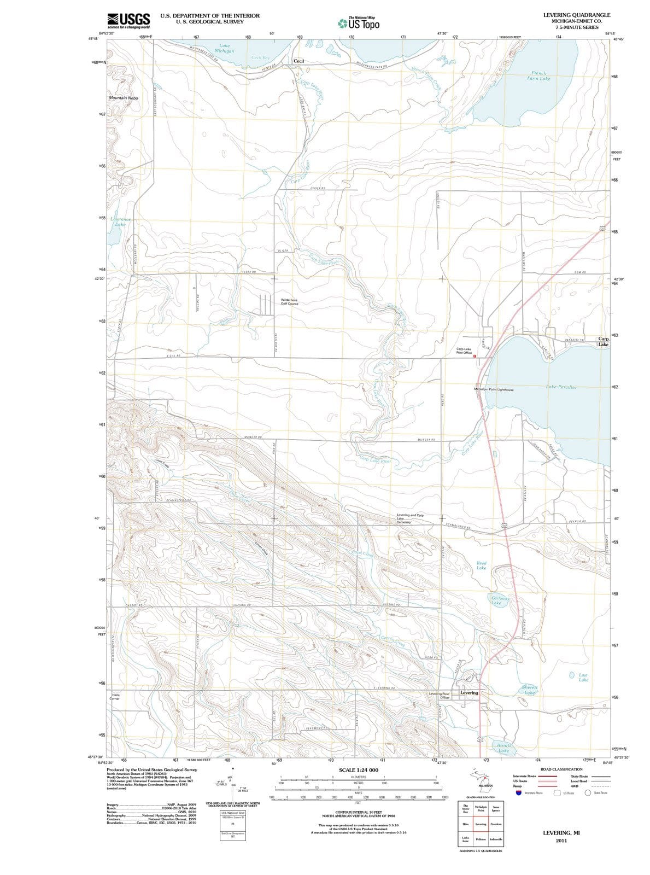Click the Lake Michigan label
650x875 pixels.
(x=224, y=48)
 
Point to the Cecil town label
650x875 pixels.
(x=299, y=61)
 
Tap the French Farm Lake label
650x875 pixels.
(x=538, y=75)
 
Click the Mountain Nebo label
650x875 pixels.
(x=124, y=98)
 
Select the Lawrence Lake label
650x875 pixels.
(x=120, y=221)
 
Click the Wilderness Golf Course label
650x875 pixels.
(x=289, y=301)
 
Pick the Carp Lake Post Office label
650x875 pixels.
(x=464, y=351)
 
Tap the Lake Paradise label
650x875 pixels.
(x=561, y=387)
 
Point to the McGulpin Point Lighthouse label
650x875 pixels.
(x=493, y=389)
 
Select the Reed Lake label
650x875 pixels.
(x=481, y=565)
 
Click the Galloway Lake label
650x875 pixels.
(x=500, y=600)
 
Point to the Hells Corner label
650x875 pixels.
(x=115, y=696)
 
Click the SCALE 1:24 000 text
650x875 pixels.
(x=359, y=769)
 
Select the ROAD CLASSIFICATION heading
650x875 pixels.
(x=562, y=769)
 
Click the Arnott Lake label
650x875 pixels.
(x=504, y=748)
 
